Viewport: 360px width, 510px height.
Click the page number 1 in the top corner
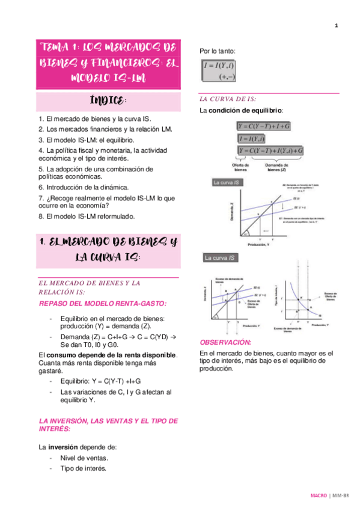tap(337, 25)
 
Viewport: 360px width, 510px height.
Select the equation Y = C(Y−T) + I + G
tap(263, 126)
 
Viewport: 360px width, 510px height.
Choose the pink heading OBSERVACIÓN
tap(225, 342)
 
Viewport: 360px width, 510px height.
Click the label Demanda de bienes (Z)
tap(278, 167)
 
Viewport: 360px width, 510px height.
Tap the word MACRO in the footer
tap(318, 496)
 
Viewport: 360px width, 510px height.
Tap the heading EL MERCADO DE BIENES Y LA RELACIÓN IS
tap(90, 287)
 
